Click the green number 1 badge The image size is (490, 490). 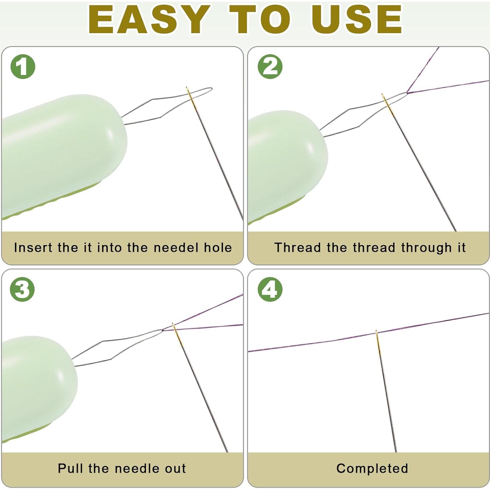pos(23,67)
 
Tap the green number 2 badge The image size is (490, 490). pos(270,67)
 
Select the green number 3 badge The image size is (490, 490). pos(22,290)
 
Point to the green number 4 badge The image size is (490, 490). pos(270,290)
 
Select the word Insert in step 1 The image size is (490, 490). pos(33,247)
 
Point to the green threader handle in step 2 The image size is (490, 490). pos(287,167)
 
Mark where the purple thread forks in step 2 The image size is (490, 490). pos(407,93)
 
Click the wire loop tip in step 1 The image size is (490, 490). pos(211,89)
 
